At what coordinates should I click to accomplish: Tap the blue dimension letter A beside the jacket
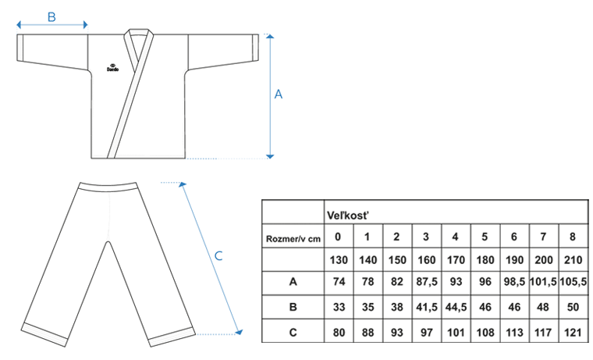(x=279, y=94)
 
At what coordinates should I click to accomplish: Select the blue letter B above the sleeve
(x=51, y=16)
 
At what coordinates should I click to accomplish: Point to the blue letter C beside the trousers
(x=219, y=255)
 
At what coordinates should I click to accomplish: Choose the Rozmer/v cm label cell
(x=293, y=237)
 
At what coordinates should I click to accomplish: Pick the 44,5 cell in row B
(x=455, y=307)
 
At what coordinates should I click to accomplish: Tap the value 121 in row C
(x=573, y=331)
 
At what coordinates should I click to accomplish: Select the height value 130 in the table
(x=337, y=260)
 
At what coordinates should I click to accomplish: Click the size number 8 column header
(x=573, y=237)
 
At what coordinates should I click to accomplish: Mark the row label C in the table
(x=293, y=331)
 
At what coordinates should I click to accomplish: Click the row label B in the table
(x=293, y=307)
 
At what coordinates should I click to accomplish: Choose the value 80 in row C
(x=337, y=331)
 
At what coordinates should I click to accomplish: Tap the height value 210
(x=573, y=260)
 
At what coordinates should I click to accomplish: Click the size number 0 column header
(x=337, y=237)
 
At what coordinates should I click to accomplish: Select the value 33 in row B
(x=337, y=307)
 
